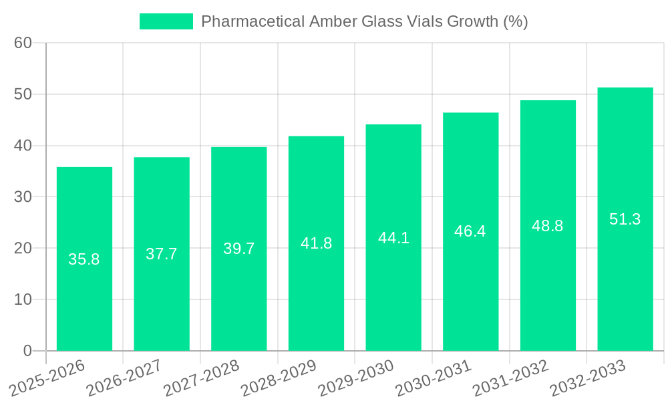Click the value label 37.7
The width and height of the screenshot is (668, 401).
pyautogui.click(x=162, y=254)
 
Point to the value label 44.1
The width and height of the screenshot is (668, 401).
pyautogui.click(x=393, y=238)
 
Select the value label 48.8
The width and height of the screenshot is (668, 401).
pyautogui.click(x=548, y=226)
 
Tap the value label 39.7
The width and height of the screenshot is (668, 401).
pyautogui.click(x=239, y=249)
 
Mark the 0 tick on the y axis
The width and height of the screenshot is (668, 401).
pyautogui.click(x=27, y=351)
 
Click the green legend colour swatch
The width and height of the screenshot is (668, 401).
pyautogui.click(x=166, y=21)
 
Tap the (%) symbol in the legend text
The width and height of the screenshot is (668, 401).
pyautogui.click(x=515, y=21)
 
